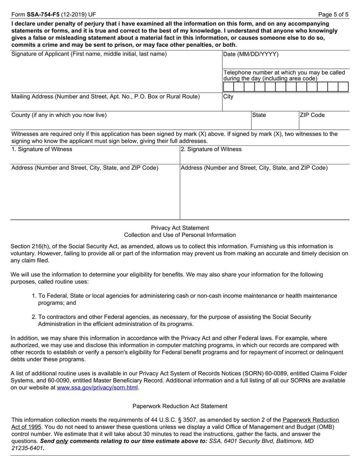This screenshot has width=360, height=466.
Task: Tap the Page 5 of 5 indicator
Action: coord(333,14)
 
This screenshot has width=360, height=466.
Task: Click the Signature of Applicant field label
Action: coord(89,54)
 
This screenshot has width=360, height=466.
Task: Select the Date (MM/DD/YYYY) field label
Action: coord(251,54)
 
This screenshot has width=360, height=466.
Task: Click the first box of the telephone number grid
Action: coord(228,87)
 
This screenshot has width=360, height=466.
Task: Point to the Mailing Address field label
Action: coord(105,96)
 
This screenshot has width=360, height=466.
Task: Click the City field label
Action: coord(228,97)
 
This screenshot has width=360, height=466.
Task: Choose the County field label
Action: coord(58,115)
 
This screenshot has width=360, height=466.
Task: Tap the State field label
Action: coord(259,115)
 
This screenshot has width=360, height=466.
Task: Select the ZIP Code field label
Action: coord(312,115)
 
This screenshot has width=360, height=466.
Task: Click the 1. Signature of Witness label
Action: coord(41,149)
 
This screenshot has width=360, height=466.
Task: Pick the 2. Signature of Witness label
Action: coord(211,149)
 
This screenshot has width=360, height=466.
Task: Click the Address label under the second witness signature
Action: coord(254,168)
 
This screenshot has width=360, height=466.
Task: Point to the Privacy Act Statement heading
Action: coord(180,228)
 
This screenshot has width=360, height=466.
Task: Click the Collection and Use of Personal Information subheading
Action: coord(180,235)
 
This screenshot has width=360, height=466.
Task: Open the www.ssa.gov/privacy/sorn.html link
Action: coord(98,387)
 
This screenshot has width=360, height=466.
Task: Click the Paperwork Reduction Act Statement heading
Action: coord(180,406)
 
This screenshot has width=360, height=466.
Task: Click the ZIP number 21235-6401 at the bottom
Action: coord(28,449)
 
